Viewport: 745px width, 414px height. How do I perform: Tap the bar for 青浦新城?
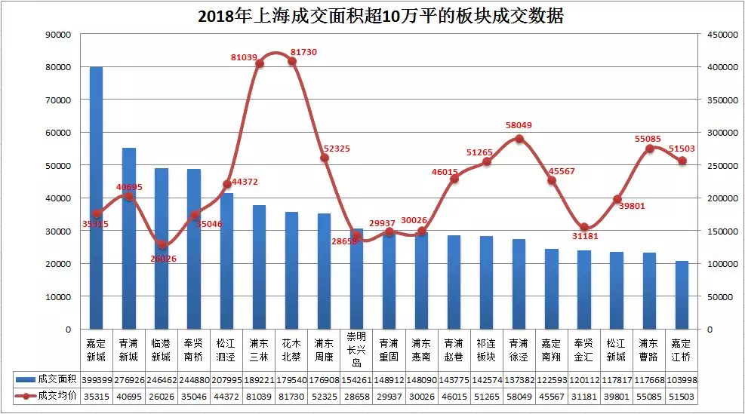click(x=128, y=238)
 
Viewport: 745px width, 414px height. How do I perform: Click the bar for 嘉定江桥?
click(x=682, y=295)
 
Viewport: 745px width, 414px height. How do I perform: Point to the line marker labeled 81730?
click(x=292, y=61)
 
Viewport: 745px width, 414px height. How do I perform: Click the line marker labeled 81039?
click(x=260, y=64)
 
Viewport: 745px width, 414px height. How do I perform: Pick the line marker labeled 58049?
click(x=519, y=139)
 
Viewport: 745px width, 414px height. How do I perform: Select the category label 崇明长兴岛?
click(x=356, y=349)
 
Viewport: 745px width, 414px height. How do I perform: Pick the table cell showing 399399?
click(x=96, y=379)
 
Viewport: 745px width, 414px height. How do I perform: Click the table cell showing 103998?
click(x=682, y=379)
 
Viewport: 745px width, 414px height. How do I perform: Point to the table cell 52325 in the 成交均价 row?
click(x=323, y=396)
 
